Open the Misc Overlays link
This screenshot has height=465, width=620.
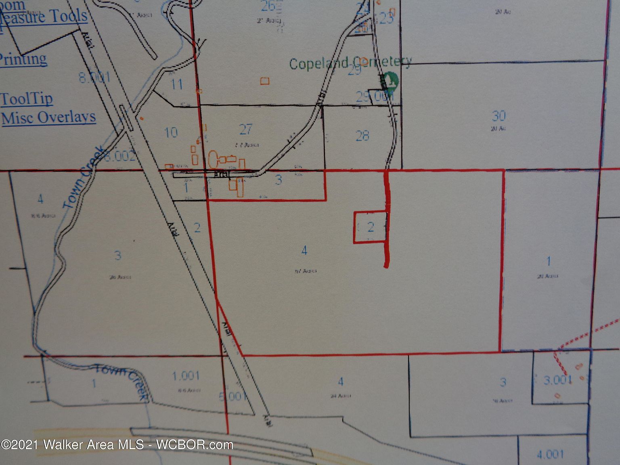49,118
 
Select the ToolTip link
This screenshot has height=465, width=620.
27,99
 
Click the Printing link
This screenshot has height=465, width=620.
23,59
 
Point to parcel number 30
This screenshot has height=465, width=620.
499,116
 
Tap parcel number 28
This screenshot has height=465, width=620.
362,136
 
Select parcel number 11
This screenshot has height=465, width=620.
177,84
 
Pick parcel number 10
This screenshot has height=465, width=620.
171,132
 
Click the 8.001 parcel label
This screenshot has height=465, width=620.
94,77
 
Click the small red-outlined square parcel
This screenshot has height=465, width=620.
371,227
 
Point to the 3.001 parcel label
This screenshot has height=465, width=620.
558,380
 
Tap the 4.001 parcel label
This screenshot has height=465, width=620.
550,455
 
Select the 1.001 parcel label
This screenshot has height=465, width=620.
186,376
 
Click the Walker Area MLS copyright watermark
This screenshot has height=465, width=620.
117,445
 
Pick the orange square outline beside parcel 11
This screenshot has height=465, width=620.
265,81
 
